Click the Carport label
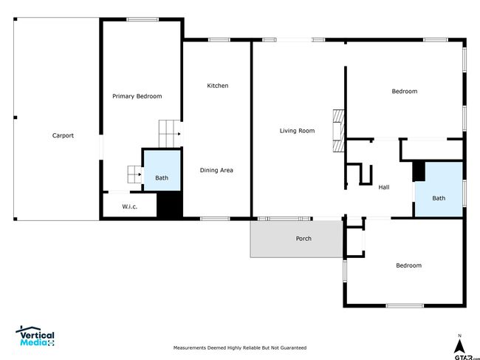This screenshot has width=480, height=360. pyautogui.click(x=63, y=135)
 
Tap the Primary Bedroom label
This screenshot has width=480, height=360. pyautogui.click(x=137, y=96)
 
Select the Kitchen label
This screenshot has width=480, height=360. pyautogui.click(x=217, y=86)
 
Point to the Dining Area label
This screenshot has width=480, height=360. pyautogui.click(x=216, y=170)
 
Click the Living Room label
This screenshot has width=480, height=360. pyautogui.click(x=297, y=131)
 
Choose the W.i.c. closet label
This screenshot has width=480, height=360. pyautogui.click(x=129, y=206)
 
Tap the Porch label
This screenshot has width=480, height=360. pyautogui.click(x=304, y=238)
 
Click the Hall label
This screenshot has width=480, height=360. pyautogui.click(x=384, y=187)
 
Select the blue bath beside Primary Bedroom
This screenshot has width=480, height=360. pyautogui.click(x=162, y=170)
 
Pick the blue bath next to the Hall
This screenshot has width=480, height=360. pyautogui.click(x=439, y=189)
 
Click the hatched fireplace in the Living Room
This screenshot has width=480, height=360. pyautogui.click(x=338, y=131)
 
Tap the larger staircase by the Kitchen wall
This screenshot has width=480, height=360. pyautogui.click(x=170, y=134)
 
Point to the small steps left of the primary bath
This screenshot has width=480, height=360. pyautogui.click(x=134, y=174)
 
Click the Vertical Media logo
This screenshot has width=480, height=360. pyautogui.click(x=35, y=336)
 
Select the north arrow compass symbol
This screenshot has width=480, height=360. pyautogui.click(x=459, y=346)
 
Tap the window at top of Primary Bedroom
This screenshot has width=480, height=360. pyautogui.click(x=143, y=20)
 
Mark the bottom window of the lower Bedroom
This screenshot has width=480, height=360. pyautogui.click(x=405, y=305)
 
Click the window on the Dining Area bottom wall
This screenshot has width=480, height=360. pyautogui.click(x=215, y=219)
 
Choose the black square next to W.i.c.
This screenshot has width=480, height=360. pyautogui.click(x=170, y=204)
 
